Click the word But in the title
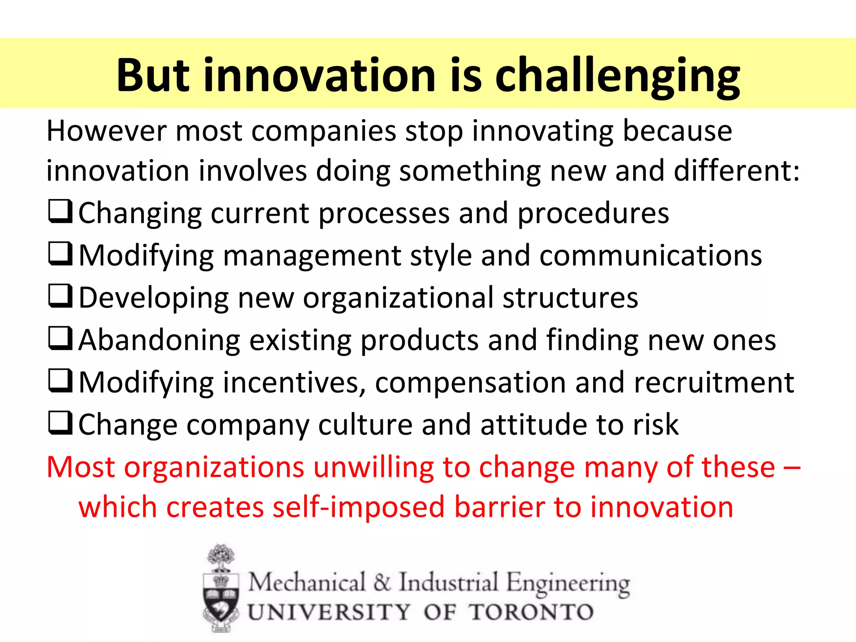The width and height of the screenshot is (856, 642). [x=153, y=75]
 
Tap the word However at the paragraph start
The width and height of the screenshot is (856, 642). [x=106, y=131]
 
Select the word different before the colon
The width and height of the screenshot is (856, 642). [x=731, y=171]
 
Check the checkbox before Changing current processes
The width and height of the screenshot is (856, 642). [x=61, y=212]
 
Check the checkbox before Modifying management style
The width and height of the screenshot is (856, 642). [x=61, y=254]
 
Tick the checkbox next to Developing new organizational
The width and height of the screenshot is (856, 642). [x=61, y=296]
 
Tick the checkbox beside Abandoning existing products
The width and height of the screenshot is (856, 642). [x=61, y=339]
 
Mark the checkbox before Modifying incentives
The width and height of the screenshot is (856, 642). [x=61, y=381]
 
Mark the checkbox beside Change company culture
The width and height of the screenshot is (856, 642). [x=61, y=423]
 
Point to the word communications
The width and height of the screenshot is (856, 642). [x=650, y=256]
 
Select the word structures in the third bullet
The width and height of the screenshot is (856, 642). [x=570, y=298]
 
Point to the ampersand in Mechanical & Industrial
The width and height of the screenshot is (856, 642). [x=382, y=582]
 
